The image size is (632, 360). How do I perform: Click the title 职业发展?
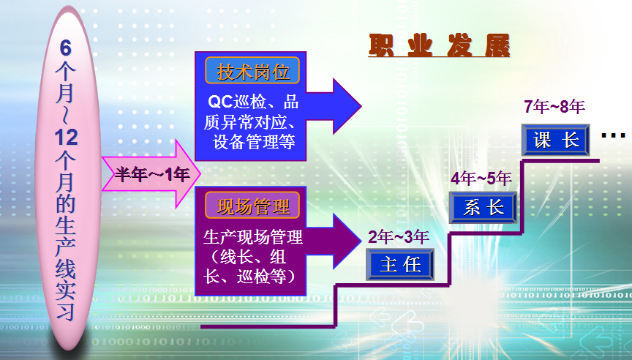point(440,45)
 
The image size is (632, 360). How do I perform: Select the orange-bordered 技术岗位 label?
point(252,70)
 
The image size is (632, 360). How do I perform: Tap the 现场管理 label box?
point(252,206)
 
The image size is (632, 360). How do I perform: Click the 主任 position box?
point(400,264)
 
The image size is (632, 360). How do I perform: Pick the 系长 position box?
point(483,208)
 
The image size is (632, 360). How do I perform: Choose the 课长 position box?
point(556,140)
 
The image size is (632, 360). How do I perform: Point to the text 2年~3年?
point(398,237)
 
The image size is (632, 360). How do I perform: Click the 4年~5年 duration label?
point(481,179)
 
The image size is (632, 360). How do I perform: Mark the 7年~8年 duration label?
point(554,106)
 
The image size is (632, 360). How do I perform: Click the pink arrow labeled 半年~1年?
point(151,174)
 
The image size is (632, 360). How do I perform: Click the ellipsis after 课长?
point(614,136)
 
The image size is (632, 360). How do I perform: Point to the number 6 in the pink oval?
point(66,48)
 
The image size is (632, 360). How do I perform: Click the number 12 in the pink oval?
point(66,138)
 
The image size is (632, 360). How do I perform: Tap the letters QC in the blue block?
point(220,102)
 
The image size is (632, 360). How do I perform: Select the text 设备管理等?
point(254,141)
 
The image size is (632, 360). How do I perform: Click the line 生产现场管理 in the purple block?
point(253,237)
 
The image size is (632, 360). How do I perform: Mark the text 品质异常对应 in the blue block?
point(251,112)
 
